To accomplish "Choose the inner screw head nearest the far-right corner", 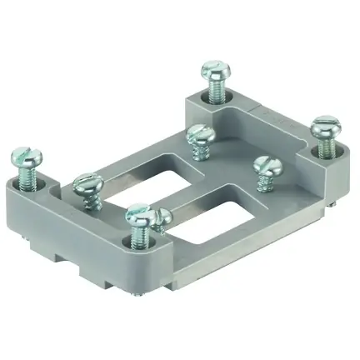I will [x=265, y=163].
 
